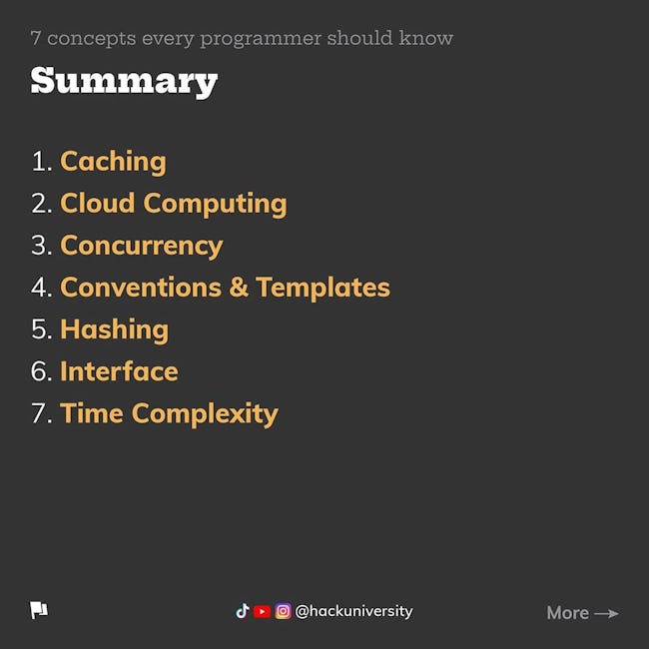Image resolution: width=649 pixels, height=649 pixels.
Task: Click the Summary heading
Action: [124, 82]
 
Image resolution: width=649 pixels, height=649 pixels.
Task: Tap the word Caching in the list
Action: [113, 162]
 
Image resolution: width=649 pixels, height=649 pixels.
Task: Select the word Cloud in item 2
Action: [98, 203]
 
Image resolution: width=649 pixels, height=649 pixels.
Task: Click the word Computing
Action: [215, 205]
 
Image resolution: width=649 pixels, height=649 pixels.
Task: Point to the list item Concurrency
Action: [142, 247]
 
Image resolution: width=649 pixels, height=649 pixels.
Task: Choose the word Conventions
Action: [141, 288]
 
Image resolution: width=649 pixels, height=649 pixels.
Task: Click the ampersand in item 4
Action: [239, 288]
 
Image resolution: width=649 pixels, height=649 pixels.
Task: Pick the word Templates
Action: [323, 289]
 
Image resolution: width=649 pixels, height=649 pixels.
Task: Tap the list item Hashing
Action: [114, 330]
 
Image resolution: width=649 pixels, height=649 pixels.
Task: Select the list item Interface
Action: [119, 371]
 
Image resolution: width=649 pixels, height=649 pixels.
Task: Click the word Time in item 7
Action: [92, 413]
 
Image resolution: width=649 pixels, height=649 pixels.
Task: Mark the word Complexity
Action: [205, 414]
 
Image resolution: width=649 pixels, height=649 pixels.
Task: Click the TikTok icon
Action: [243, 611]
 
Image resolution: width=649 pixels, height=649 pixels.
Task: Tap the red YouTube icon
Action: [262, 611]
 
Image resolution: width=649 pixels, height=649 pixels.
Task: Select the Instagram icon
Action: [284, 611]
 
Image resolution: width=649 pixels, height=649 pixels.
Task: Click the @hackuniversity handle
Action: [353, 611]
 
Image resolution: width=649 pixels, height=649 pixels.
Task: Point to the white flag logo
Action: [39, 610]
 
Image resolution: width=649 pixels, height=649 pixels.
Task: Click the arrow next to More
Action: [606, 613]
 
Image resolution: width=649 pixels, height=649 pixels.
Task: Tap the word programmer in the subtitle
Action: [261, 40]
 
